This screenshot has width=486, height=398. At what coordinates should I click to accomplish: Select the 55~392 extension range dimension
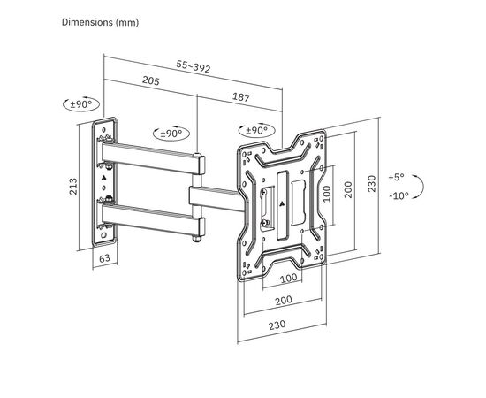[194, 65]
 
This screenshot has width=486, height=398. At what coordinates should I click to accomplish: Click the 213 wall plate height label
[75, 187]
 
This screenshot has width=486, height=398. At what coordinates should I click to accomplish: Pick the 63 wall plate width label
[104, 259]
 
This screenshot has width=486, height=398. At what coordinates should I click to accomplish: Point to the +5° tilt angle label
[399, 177]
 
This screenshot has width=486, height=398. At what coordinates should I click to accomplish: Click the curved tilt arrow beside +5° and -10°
[421, 187]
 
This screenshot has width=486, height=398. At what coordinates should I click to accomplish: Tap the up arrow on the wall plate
[104, 179]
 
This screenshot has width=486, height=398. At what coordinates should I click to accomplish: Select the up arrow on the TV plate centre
[281, 203]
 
